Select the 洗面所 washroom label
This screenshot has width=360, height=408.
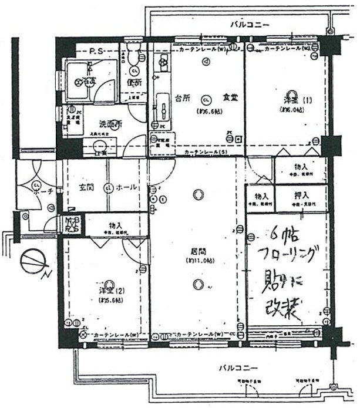94,124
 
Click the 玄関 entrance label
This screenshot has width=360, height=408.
87,187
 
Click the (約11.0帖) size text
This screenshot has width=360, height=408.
198,260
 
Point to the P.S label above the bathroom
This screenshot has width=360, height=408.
96,51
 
